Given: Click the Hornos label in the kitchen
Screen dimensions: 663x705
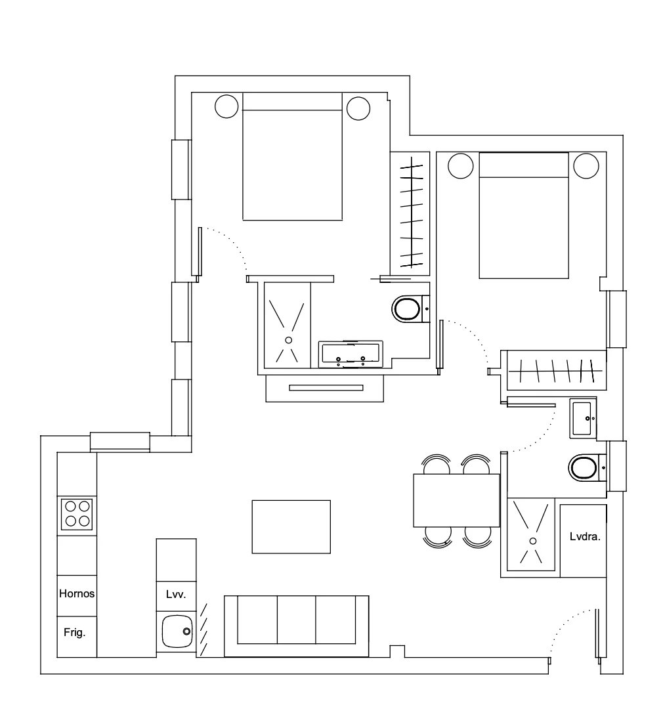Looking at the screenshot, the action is pyautogui.click(x=77, y=593).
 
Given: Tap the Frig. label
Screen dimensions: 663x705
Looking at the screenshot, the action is pyautogui.click(x=75, y=633).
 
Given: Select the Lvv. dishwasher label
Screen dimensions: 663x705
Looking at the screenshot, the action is pyautogui.click(x=176, y=595).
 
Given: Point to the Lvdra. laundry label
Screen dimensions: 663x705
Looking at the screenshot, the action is pyautogui.click(x=585, y=536).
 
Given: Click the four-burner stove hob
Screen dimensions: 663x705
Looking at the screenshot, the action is pyautogui.click(x=77, y=514).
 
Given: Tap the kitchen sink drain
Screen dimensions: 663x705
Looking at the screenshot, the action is pyautogui.click(x=186, y=631).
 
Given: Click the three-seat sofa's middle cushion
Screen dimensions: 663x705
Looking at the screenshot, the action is pyautogui.click(x=296, y=620).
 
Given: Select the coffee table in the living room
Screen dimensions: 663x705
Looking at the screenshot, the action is pyautogui.click(x=291, y=526).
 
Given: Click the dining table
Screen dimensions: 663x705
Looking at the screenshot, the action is pyautogui.click(x=456, y=500).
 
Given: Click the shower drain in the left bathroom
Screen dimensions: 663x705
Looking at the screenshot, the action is pyautogui.click(x=289, y=340).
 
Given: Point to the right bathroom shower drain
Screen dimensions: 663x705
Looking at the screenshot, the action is pyautogui.click(x=532, y=541).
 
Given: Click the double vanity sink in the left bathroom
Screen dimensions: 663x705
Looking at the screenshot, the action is pyautogui.click(x=351, y=354).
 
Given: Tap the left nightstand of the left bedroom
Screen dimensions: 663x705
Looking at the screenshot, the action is pyautogui.click(x=226, y=106).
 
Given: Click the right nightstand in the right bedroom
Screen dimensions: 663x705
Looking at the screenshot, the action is pyautogui.click(x=586, y=165).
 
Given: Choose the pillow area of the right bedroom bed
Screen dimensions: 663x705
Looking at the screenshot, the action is pyautogui.click(x=524, y=165).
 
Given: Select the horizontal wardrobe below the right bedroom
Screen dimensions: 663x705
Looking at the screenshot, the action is pyautogui.click(x=557, y=370).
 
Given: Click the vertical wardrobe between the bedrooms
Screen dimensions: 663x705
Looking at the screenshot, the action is pyautogui.click(x=410, y=213).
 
